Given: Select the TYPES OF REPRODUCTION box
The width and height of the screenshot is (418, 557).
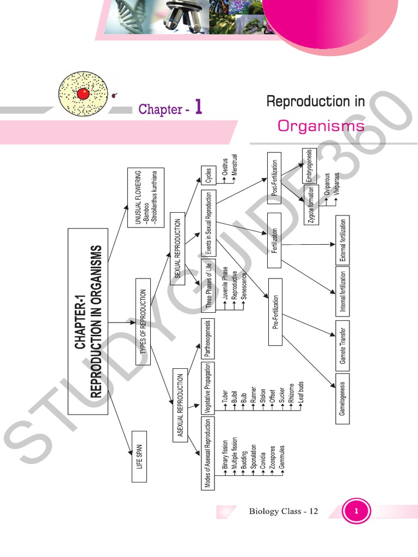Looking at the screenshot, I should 143,321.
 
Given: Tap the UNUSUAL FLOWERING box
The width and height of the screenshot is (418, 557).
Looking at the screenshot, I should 145,196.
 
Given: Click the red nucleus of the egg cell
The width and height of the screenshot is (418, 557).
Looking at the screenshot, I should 83,94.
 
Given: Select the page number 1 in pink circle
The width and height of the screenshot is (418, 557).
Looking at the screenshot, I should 356,511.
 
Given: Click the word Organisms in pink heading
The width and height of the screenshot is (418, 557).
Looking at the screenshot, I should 321,126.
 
